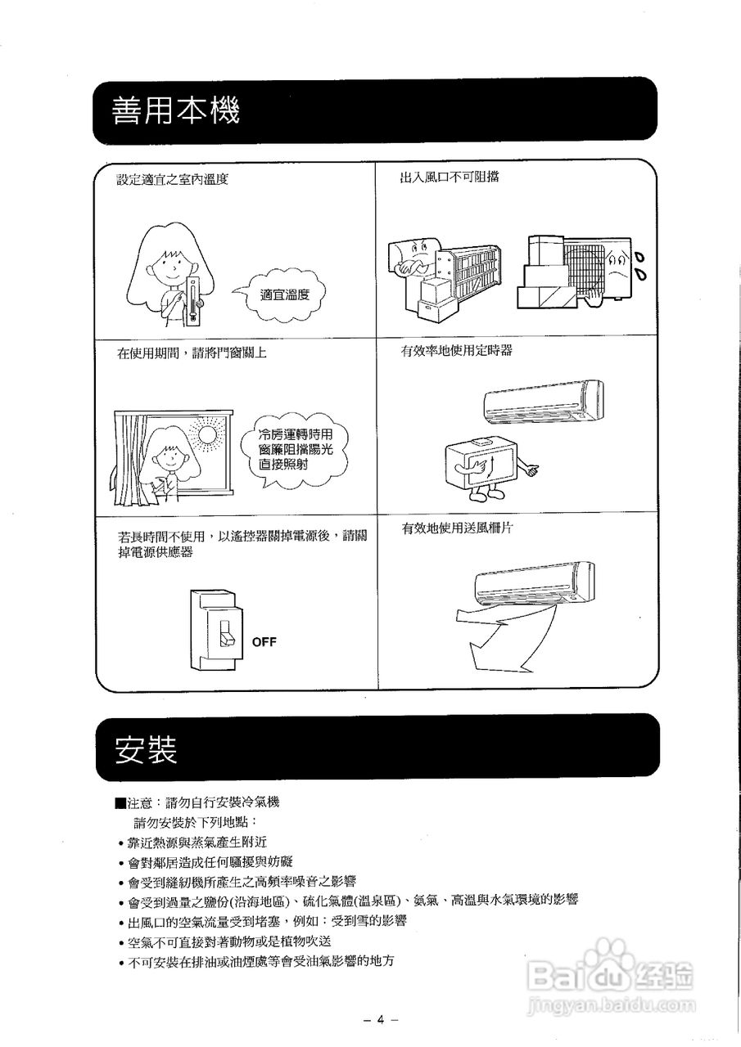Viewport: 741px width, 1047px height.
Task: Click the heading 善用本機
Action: click(177, 110)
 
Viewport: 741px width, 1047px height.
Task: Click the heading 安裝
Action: click(147, 748)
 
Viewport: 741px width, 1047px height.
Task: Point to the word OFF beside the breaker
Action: click(264, 642)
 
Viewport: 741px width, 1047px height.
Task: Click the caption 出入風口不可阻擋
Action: click(449, 177)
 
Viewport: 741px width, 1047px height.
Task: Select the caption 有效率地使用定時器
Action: click(456, 351)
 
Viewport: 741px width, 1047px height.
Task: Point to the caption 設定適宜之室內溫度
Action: click(172, 179)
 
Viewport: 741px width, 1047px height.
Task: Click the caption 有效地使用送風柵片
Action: click(457, 529)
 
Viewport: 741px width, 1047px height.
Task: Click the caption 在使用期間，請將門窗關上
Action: click(192, 353)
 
